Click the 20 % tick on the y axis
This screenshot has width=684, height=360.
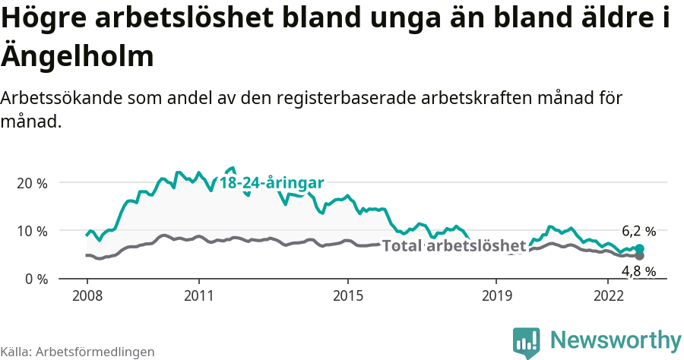coord(32,183)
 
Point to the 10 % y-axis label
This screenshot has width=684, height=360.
coord(32,231)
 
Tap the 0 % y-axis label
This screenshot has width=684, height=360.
coord(35,279)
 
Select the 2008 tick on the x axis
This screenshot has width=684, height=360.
coord(87,295)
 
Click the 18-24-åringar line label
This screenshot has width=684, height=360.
coord(272,183)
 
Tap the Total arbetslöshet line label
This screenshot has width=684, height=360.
coord(454,246)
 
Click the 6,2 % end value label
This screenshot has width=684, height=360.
coord(638,232)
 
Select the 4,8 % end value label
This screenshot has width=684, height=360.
coord(638,271)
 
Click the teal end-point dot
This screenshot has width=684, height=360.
coord(640,249)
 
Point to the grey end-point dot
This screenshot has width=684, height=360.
coord(640,256)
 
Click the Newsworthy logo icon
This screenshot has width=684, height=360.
coord(527,343)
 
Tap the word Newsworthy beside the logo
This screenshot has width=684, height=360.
coord(616,339)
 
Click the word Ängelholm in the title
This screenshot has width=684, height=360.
coord(78,55)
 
